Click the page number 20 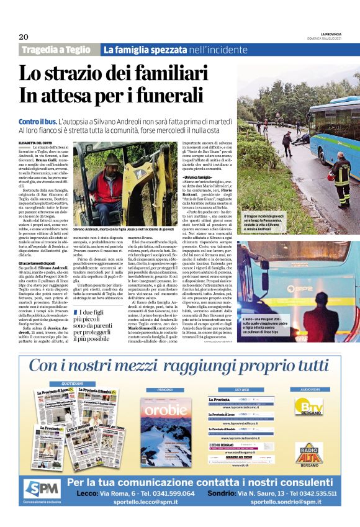24,37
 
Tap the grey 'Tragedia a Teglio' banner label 58,50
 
